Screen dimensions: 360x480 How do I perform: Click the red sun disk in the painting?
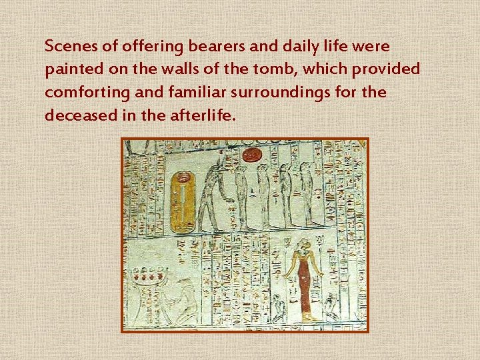coord(252,155)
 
